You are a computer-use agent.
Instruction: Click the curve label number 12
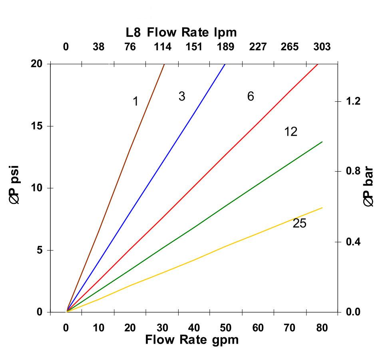click(x=291, y=131)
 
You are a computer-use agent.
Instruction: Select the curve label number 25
click(x=299, y=224)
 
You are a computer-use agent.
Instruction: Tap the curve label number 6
click(x=251, y=97)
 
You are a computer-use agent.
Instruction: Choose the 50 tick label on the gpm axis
click(x=226, y=328)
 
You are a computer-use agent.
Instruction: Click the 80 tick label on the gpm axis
click(x=322, y=328)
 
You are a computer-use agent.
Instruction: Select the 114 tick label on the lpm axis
click(x=163, y=47)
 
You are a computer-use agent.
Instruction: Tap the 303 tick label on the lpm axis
click(x=322, y=47)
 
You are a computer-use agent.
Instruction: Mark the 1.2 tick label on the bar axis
click(x=353, y=101)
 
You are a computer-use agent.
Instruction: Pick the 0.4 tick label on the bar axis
click(x=353, y=242)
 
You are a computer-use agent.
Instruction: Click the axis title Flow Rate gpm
click(x=192, y=340)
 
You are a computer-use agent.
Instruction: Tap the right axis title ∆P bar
click(x=369, y=186)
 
